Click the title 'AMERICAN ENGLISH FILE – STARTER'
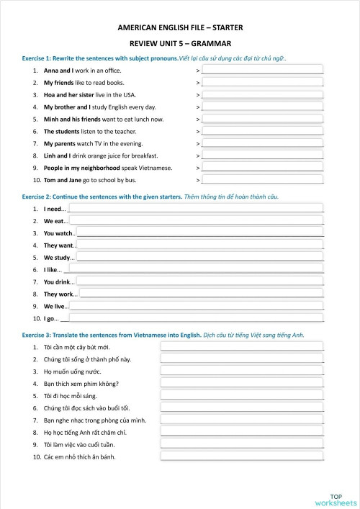[x=180, y=27]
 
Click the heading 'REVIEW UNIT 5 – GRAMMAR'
[x=180, y=43]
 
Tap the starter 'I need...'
[x=55, y=209]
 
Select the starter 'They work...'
[x=60, y=294]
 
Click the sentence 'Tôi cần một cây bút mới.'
[x=78, y=347]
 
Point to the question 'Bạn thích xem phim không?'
[x=81, y=383]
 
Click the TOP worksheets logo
[x=336, y=499]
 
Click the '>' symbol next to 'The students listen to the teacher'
[x=198, y=132]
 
